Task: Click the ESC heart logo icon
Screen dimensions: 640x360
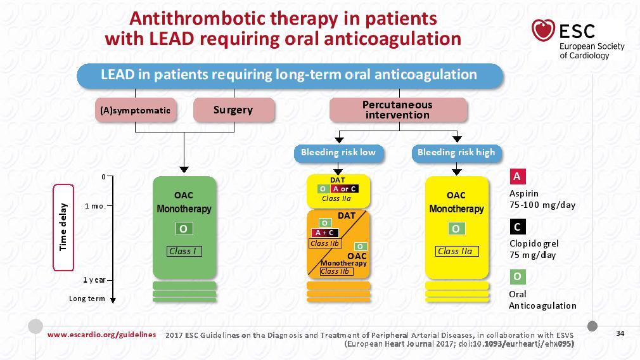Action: click(x=543, y=30)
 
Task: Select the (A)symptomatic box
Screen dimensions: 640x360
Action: click(x=136, y=110)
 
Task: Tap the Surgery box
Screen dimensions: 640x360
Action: click(x=233, y=110)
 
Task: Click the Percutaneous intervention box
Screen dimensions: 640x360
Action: click(x=398, y=110)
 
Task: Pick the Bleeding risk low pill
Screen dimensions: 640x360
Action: click(x=338, y=153)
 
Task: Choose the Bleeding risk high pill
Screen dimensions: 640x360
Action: click(x=456, y=153)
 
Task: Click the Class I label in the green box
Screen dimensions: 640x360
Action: click(x=184, y=252)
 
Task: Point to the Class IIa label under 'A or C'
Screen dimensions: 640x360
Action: click(x=336, y=199)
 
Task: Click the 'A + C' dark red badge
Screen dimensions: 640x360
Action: click(x=325, y=233)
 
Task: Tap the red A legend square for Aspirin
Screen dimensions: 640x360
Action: click(x=517, y=176)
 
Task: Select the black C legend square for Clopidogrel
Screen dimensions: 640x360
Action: click(x=517, y=227)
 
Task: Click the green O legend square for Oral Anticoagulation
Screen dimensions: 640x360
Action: click(x=517, y=277)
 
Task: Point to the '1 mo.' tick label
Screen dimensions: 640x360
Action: click(x=95, y=206)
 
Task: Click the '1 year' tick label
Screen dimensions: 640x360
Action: click(x=94, y=280)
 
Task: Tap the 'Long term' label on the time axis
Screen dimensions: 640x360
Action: click(x=87, y=299)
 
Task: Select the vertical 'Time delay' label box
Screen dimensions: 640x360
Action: click(x=63, y=228)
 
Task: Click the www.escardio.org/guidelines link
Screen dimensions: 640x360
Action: click(x=101, y=335)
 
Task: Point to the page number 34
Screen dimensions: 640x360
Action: click(x=620, y=333)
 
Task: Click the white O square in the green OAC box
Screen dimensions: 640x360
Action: click(x=184, y=229)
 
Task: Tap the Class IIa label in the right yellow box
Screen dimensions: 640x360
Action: click(x=456, y=252)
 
